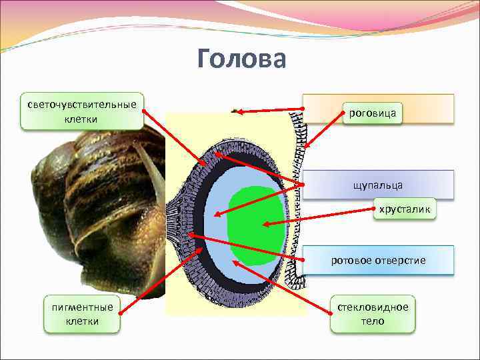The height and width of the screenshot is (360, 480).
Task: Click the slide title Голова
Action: point(241,59)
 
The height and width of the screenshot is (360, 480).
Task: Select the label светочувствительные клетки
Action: point(82,111)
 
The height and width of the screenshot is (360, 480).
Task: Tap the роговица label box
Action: point(372,113)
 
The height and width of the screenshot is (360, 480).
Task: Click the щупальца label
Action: point(378,183)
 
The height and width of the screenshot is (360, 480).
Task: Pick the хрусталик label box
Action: point(405,210)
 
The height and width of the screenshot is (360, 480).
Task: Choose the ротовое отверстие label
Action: point(378,259)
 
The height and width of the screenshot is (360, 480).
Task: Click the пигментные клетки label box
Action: point(83,314)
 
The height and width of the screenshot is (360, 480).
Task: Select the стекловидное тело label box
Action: point(373,314)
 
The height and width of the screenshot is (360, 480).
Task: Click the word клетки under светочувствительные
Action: point(82,119)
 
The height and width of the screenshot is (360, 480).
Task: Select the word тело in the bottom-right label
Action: point(373,321)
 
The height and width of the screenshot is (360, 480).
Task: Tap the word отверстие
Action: point(401,259)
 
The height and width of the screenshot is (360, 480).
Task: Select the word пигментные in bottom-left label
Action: point(83,307)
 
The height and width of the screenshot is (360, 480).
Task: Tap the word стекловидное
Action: point(373,307)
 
